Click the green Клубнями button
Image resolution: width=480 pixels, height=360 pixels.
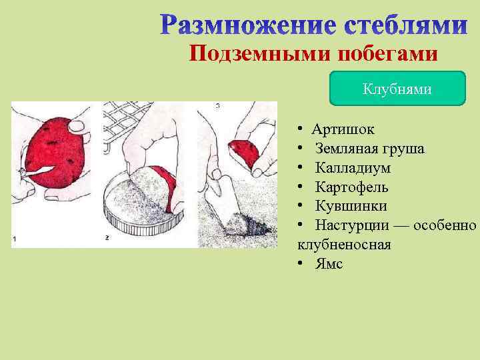397,89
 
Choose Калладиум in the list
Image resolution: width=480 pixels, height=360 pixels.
353,167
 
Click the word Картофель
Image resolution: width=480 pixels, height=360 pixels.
351,187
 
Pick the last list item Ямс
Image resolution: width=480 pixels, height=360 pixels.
329,263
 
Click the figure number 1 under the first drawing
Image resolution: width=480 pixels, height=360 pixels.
15,239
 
